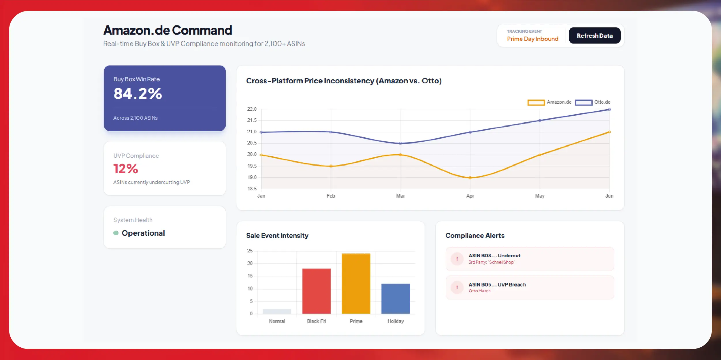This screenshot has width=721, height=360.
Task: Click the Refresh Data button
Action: pyautogui.click(x=594, y=35)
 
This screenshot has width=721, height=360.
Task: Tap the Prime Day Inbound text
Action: pyautogui.click(x=532, y=39)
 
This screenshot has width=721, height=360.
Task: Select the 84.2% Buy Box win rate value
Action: pyautogui.click(x=138, y=93)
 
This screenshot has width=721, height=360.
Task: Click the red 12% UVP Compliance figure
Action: pyautogui.click(x=126, y=169)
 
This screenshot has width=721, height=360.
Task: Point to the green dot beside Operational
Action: pyautogui.click(x=116, y=233)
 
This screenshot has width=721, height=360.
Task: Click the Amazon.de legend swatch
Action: pyautogui.click(x=536, y=102)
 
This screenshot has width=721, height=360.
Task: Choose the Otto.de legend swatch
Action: pyautogui.click(x=583, y=102)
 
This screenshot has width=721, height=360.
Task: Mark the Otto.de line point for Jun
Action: pyautogui.click(x=609, y=109)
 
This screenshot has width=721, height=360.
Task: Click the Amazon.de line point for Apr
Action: pyautogui.click(x=470, y=178)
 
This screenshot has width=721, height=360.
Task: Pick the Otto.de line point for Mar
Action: pyautogui.click(x=400, y=143)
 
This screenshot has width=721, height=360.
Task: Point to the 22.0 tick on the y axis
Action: pyautogui.click(x=252, y=109)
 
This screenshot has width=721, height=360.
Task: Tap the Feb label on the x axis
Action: pyautogui.click(x=331, y=196)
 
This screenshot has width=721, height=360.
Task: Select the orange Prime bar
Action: pyautogui.click(x=356, y=284)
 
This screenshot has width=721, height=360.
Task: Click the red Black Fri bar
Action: pyautogui.click(x=316, y=291)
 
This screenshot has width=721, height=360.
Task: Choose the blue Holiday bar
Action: pyautogui.click(x=396, y=299)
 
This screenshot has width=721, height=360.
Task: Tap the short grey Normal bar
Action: pyautogui.click(x=277, y=311)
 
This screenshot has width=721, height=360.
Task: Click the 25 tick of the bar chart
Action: pyautogui.click(x=250, y=251)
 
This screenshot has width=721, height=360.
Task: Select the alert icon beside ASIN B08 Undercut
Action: pyautogui.click(x=457, y=259)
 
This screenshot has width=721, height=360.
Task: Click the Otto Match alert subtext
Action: pyautogui.click(x=479, y=291)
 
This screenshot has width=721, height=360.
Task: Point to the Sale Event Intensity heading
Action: pyautogui.click(x=277, y=235)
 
